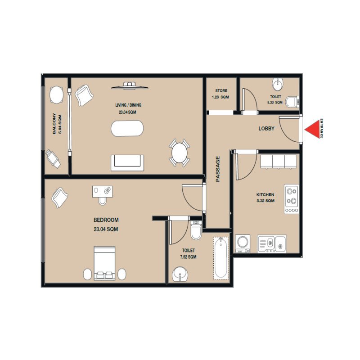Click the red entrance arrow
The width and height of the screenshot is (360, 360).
312,130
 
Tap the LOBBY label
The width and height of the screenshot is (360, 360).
266,129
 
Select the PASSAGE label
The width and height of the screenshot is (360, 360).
218,169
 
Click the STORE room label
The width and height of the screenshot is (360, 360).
221,94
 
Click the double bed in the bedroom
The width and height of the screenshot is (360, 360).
104,263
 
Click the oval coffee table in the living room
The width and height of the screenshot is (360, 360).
127,129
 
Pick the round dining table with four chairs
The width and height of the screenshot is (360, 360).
180,153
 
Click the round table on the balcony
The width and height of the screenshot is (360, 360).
56,95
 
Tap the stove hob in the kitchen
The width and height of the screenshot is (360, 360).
291,199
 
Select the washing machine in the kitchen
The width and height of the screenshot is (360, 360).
243,243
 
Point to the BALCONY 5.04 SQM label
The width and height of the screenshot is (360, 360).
57,124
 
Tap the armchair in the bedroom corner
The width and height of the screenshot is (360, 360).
60,197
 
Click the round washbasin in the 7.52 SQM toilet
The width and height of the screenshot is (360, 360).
181,274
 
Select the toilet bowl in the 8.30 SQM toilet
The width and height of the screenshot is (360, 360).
292,101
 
